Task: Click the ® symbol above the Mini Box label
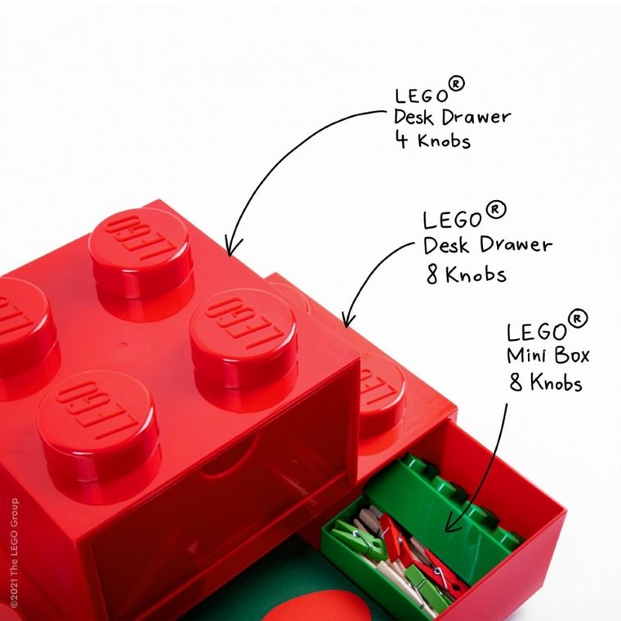pyautogui.click(x=577, y=318)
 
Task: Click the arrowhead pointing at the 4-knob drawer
pyautogui.click(x=231, y=247)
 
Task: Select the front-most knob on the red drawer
pyautogui.click(x=98, y=425)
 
